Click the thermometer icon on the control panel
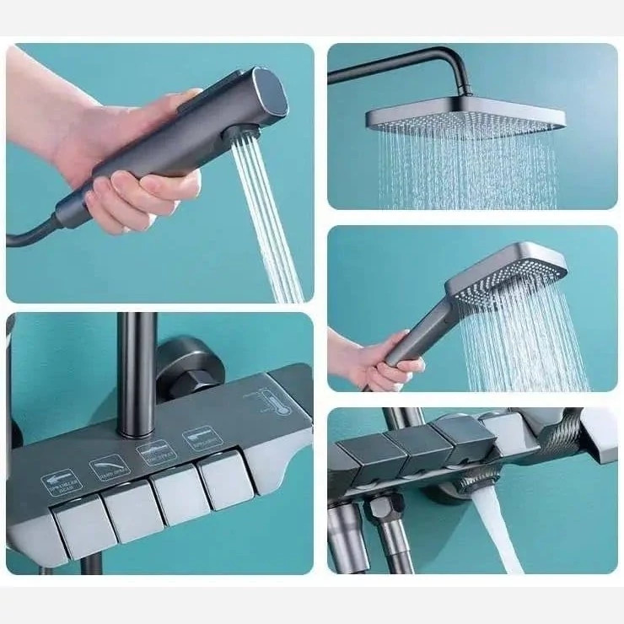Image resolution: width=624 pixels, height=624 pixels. pyautogui.click(x=268, y=402)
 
